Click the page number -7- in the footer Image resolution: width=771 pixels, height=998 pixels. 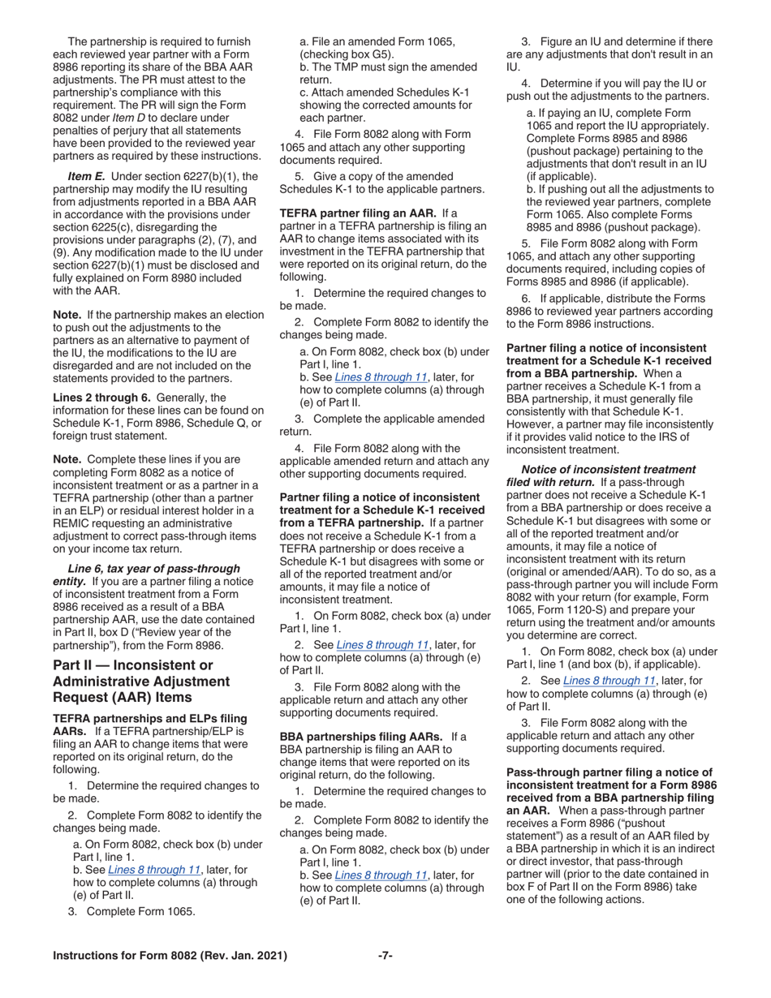385,956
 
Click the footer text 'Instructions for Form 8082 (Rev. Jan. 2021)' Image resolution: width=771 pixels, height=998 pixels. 170,956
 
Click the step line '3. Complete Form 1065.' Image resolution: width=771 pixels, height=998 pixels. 131,910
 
